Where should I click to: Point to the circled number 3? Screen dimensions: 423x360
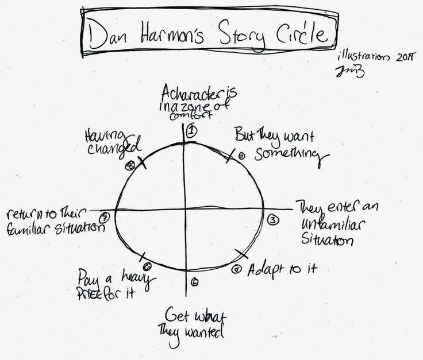tap(273, 219)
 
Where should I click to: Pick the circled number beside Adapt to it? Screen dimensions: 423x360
tap(236, 269)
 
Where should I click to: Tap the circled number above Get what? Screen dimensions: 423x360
tap(195, 282)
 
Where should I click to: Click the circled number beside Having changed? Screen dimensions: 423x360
tap(130, 165)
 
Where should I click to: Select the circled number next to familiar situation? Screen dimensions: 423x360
tap(105, 217)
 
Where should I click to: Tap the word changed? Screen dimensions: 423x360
tap(115, 149)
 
